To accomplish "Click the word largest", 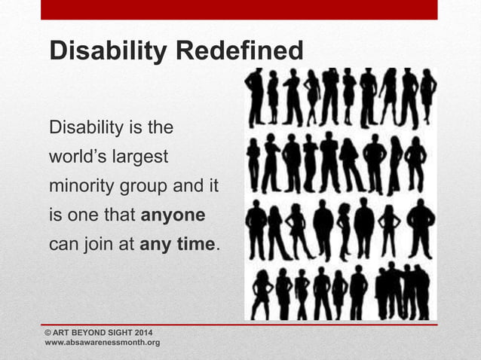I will (141, 157).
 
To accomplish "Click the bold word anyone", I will (173, 215).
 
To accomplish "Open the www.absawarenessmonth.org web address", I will (103, 343).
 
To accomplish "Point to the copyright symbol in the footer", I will (49, 332).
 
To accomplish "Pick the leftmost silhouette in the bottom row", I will (262, 294).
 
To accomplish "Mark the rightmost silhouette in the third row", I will (421, 225).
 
